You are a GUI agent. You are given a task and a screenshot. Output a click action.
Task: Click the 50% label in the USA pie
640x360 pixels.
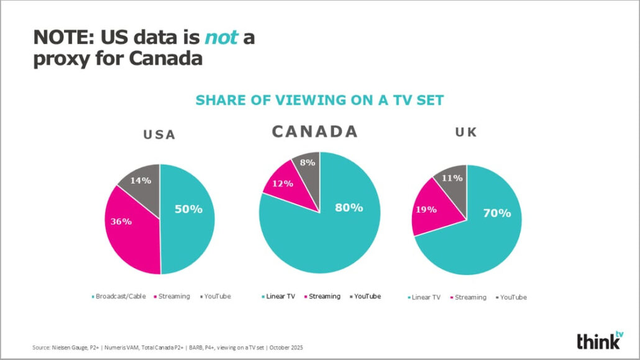click(188, 209)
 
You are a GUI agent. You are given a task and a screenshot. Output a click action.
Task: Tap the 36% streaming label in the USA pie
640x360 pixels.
click(121, 222)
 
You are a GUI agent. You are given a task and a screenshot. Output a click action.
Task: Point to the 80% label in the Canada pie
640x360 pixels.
click(349, 207)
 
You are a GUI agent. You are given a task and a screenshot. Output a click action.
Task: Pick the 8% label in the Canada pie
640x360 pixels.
click(307, 163)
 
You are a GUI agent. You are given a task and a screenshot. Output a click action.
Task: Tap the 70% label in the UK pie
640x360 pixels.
click(497, 213)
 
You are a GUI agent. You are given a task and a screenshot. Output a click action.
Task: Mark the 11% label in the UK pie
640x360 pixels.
click(451, 178)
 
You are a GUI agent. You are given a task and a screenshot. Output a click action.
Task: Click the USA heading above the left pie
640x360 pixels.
click(159, 135)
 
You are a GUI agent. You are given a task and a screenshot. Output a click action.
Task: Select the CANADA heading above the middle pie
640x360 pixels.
click(314, 131)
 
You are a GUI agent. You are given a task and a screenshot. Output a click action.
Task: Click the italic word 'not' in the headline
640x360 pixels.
click(221, 38)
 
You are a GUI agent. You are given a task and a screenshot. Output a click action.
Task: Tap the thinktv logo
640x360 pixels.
click(600, 340)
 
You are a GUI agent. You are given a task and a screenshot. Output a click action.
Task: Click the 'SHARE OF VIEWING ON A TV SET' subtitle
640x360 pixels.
click(319, 99)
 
